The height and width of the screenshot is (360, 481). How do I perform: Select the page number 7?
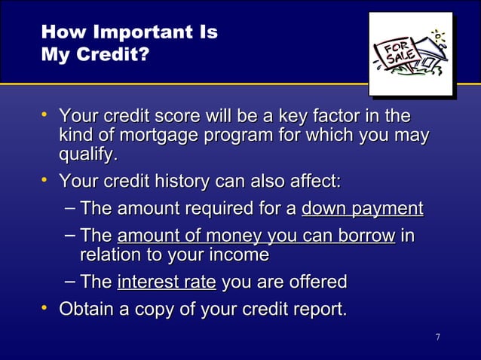pos(437,335)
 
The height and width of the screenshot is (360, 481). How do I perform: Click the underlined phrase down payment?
pos(362,209)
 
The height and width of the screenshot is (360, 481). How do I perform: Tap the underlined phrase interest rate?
pos(167,282)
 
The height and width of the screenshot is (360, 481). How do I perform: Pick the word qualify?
pos(88,156)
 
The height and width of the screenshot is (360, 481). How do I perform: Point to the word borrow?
pos(366,236)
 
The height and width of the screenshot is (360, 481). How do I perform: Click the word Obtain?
pos(85,310)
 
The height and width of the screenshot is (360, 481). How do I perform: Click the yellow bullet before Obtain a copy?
pos(46,307)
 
